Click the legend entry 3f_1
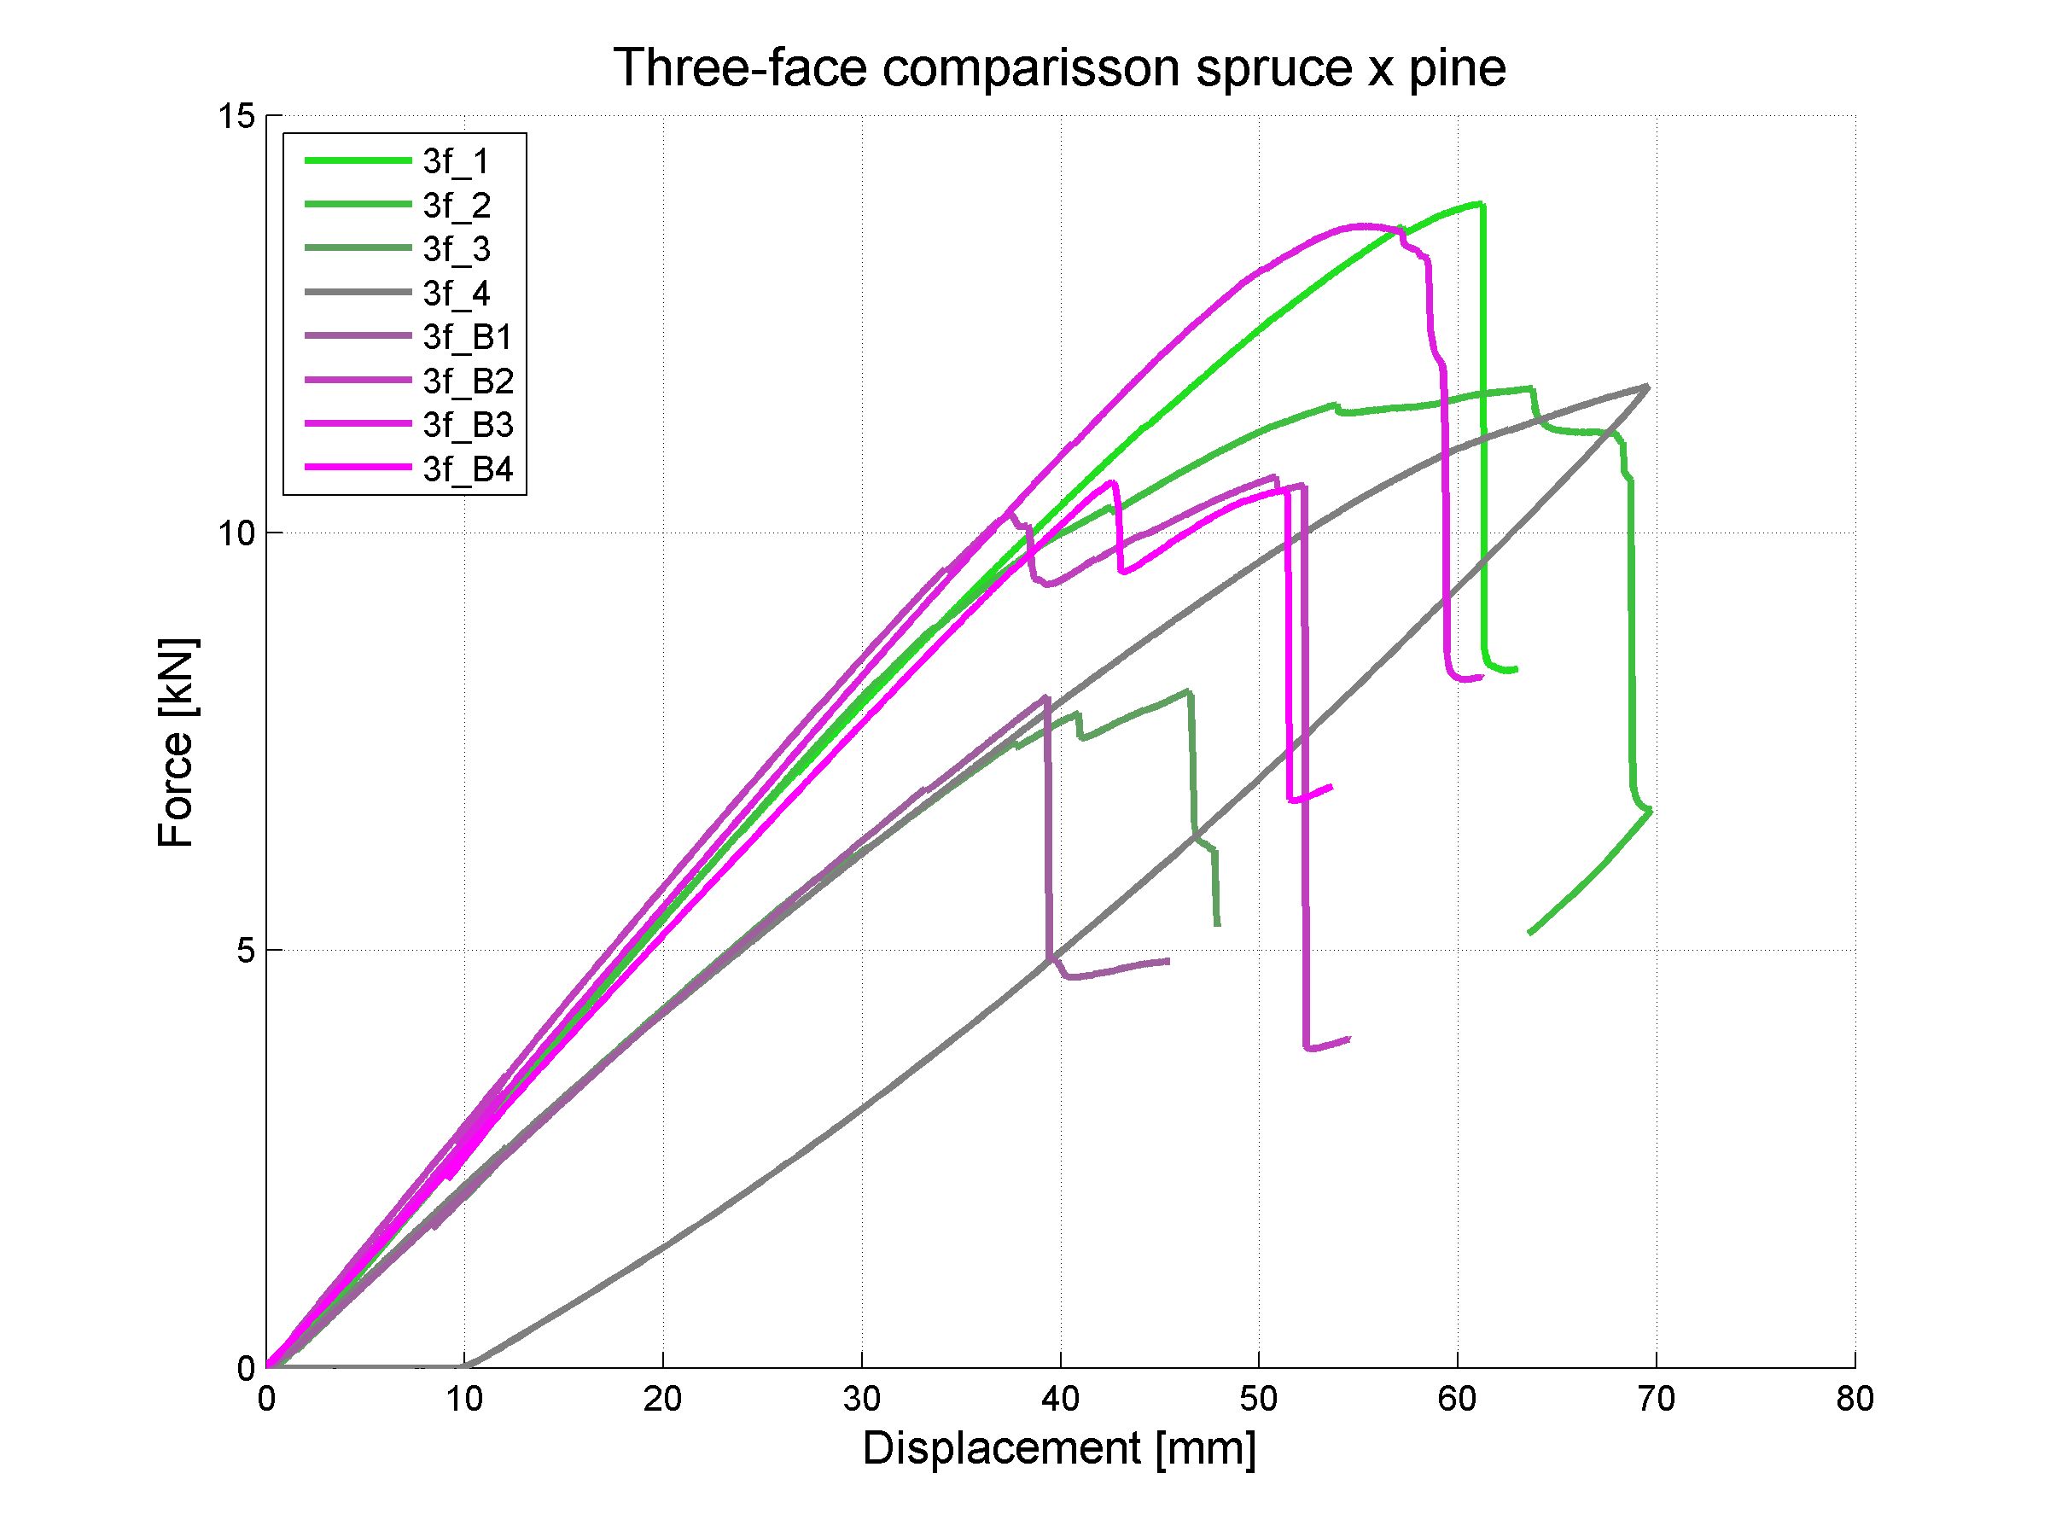click(455, 162)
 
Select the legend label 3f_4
click(456, 294)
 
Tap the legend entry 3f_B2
click(467, 381)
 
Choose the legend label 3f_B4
click(467, 469)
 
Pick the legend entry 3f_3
click(456, 249)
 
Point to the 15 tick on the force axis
click(236, 117)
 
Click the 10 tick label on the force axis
click(236, 533)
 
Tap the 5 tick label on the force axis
click(244, 951)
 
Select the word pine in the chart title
click(1456, 68)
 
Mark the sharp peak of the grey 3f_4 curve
click(1647, 387)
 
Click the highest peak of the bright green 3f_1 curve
click(1482, 204)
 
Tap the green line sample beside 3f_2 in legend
click(358, 206)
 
